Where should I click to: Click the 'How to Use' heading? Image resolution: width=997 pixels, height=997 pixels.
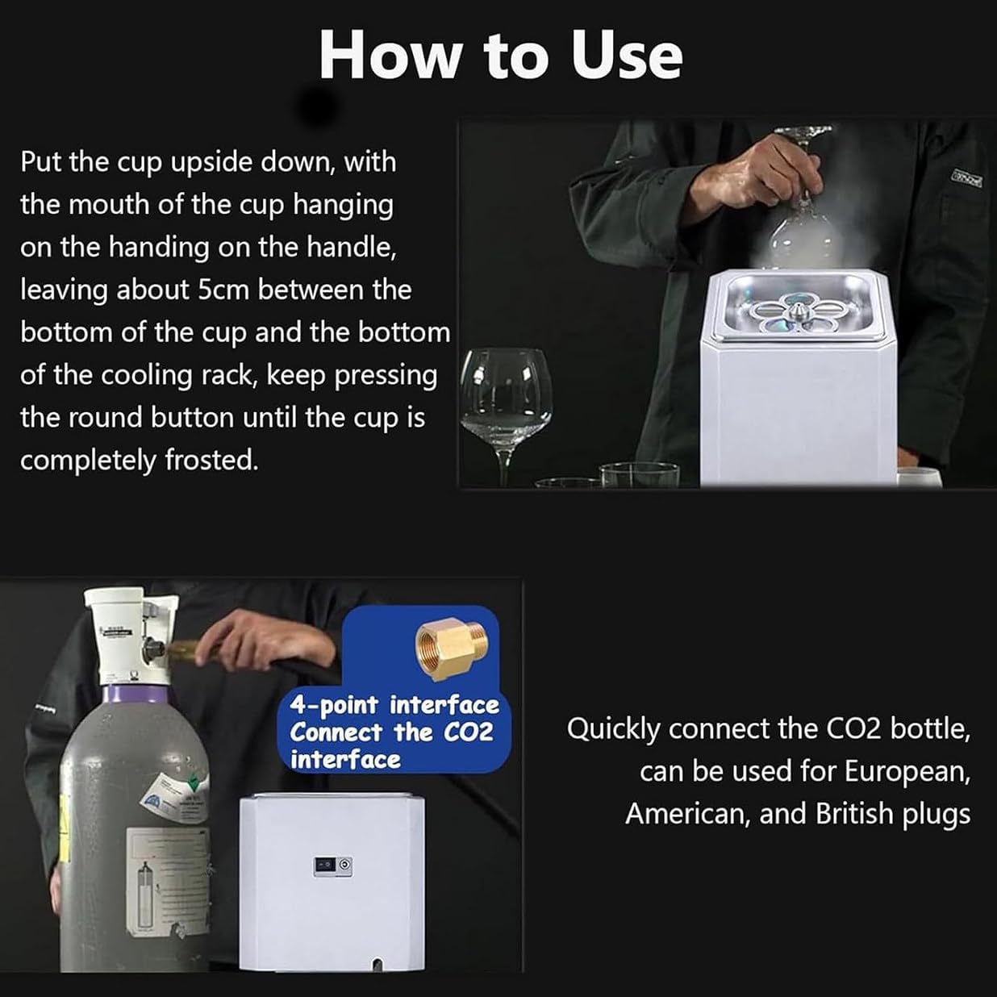click(x=500, y=56)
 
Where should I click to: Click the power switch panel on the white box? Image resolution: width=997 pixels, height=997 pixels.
click(x=333, y=865)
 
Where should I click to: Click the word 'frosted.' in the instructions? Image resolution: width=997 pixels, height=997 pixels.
click(x=211, y=460)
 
